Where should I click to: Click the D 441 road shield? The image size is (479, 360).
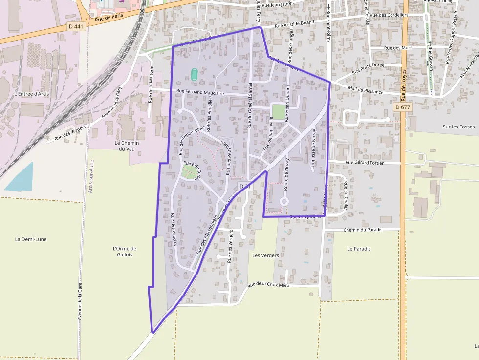point(76,26)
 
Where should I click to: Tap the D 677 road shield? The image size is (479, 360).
point(403,107)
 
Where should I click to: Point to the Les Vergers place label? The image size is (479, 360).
point(265,255)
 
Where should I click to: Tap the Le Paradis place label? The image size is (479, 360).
point(359,249)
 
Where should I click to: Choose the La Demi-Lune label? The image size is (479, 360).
point(30,239)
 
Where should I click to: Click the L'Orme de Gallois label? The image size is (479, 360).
point(125,251)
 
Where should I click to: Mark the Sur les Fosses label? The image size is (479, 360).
point(458,127)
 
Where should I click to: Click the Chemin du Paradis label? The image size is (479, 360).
point(365,229)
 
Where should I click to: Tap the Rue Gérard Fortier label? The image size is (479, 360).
point(365,163)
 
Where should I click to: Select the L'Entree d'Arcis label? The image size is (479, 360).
point(32,94)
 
